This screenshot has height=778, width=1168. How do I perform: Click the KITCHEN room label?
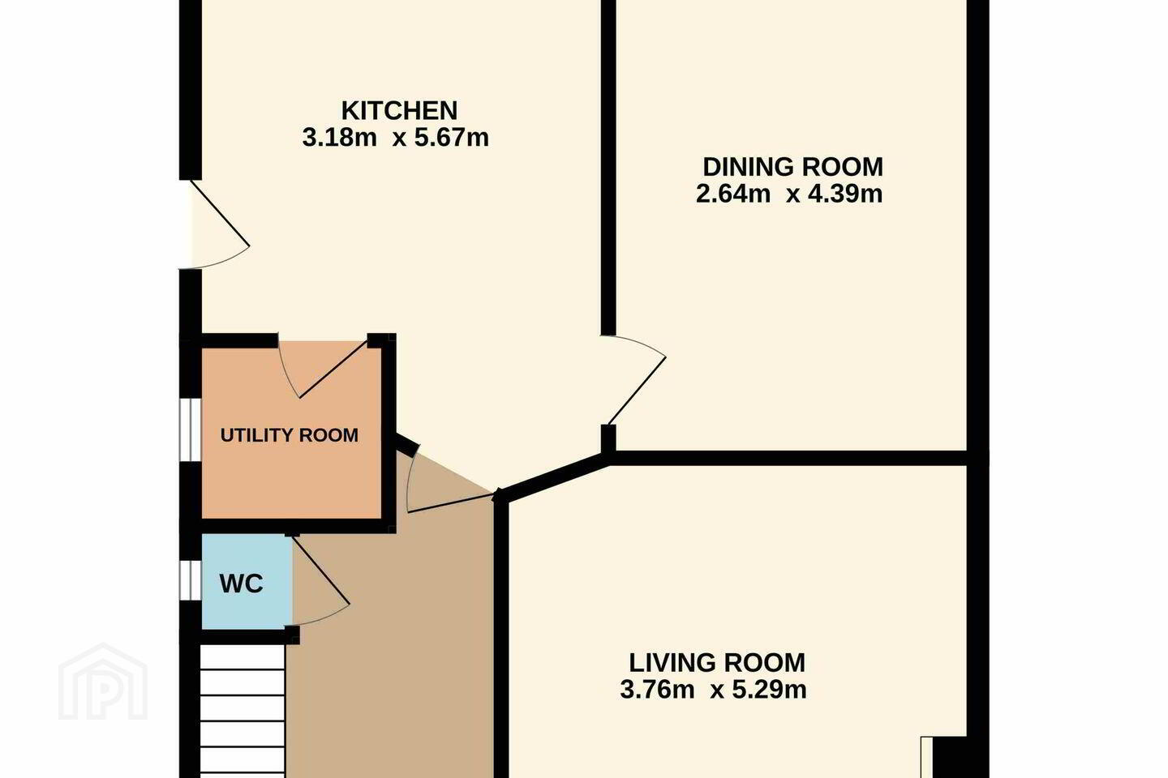tap(399, 111)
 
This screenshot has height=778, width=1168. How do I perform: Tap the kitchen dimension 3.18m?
tap(339, 138)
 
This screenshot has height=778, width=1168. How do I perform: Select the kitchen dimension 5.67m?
tap(452, 138)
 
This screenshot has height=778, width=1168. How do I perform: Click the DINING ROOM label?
tap(792, 167)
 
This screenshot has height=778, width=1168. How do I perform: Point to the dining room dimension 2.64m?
tap(733, 194)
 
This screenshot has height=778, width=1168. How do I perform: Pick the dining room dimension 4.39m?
tap(845, 194)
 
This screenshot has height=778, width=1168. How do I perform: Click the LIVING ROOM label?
tap(717, 664)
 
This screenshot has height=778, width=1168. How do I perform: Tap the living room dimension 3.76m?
tap(658, 690)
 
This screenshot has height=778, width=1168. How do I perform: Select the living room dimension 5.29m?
tap(770, 690)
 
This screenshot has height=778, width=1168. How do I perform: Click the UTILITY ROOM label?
tap(290, 435)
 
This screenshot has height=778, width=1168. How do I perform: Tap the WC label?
tap(242, 584)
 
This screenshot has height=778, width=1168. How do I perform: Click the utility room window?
tap(191, 430)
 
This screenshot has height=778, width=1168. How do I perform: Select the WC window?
tap(191, 580)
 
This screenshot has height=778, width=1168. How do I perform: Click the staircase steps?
tap(243, 712)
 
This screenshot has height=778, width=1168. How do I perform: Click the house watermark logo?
tap(103, 682)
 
